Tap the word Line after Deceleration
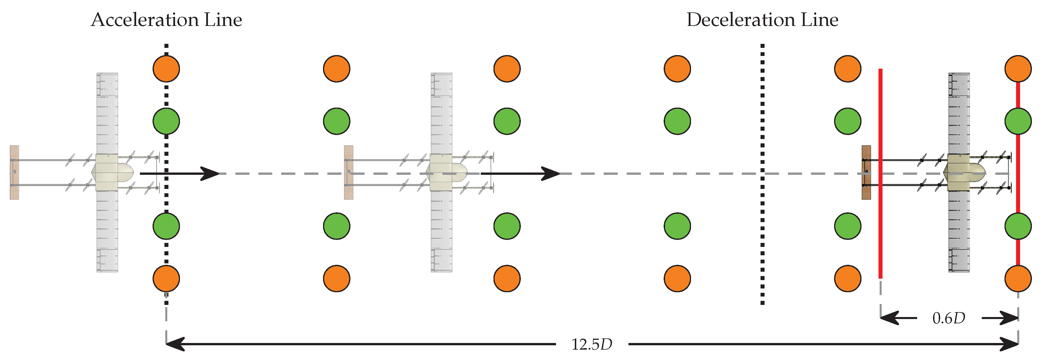tap(820, 20)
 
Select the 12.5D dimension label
tap(592, 344)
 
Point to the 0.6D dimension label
tap(949, 318)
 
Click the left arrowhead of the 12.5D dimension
tap(174, 344)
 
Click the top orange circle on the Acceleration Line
tap(166, 69)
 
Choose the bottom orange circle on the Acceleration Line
tap(166, 278)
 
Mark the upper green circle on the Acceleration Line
tap(166, 121)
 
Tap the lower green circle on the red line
tap(1018, 226)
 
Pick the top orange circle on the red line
tap(1018, 69)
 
